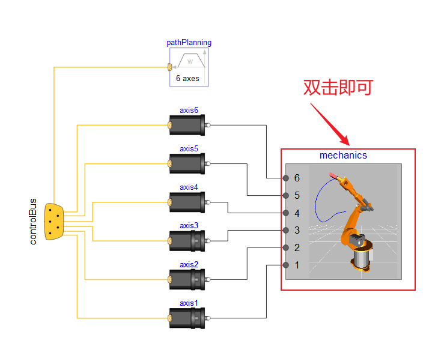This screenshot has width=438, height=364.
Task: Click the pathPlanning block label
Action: click(x=189, y=43)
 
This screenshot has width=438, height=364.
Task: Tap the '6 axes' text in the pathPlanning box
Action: click(x=187, y=78)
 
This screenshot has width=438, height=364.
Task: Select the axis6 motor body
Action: click(x=187, y=125)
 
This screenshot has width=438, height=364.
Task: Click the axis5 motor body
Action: click(x=187, y=164)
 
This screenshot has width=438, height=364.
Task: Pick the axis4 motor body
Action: click(x=187, y=202)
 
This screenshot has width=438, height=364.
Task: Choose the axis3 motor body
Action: click(x=187, y=241)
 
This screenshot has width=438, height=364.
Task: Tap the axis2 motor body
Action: click(x=187, y=279)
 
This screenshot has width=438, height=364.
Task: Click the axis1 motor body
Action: click(x=187, y=318)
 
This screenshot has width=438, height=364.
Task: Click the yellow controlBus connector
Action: click(x=54, y=222)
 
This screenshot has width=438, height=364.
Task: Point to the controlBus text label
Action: click(x=33, y=222)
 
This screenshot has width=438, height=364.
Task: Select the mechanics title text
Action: click(x=343, y=156)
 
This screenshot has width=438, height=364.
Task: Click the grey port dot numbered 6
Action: click(x=285, y=178)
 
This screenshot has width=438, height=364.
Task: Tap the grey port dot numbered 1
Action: click(x=285, y=265)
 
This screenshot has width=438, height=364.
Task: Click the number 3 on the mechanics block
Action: click(x=297, y=230)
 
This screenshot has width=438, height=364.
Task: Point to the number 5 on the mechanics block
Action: click(x=297, y=195)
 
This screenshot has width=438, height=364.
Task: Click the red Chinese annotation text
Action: click(x=338, y=88)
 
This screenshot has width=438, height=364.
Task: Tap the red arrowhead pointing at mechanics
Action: click(x=346, y=141)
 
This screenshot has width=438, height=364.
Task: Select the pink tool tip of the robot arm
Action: click(x=333, y=175)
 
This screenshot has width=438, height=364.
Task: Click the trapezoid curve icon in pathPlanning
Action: click(x=191, y=60)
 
